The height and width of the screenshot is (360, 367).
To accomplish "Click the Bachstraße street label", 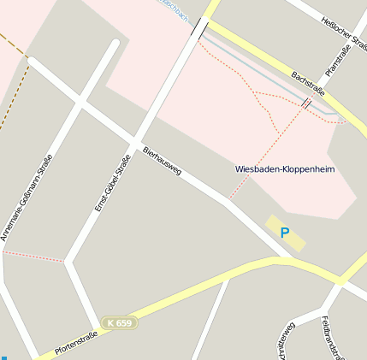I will tap(309, 87).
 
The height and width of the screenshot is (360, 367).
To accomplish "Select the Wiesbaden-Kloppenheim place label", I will tap(284, 169).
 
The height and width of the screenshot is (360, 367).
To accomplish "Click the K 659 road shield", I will tap(119, 322).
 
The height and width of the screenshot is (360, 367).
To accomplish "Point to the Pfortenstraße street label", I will tap(75, 343).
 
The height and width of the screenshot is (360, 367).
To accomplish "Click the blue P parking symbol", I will tap(285, 232).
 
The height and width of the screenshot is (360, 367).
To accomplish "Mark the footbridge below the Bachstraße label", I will tap(306, 103).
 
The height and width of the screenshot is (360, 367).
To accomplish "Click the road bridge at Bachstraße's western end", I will tap(200, 30).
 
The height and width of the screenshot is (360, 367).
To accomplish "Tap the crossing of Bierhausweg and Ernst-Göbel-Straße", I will tap(134, 141).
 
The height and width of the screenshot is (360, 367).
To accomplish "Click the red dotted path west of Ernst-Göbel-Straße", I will tap(34, 256).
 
